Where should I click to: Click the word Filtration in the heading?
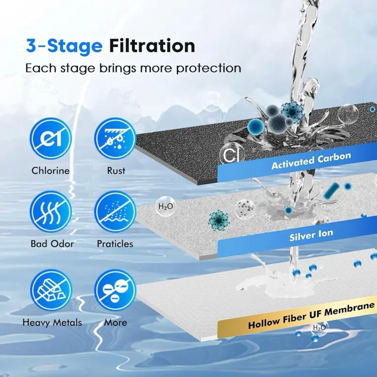(152, 46)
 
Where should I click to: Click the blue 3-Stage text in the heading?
(64, 46)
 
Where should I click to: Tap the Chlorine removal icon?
(50, 138)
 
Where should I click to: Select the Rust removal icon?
(115, 138)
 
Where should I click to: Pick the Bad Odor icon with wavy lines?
(51, 212)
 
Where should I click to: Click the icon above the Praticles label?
(115, 212)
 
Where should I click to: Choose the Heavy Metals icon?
(51, 290)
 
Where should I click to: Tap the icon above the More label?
(115, 290)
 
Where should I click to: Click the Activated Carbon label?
(311, 161)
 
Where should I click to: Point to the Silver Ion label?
(311, 235)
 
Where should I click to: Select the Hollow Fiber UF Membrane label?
(311, 315)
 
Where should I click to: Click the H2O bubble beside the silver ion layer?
(165, 206)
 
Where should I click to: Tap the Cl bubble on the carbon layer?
(231, 156)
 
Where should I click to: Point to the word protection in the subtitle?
(209, 68)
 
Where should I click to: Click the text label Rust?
(116, 171)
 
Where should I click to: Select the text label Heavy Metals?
(52, 323)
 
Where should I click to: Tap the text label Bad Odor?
(52, 244)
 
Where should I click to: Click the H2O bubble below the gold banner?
(320, 328)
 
